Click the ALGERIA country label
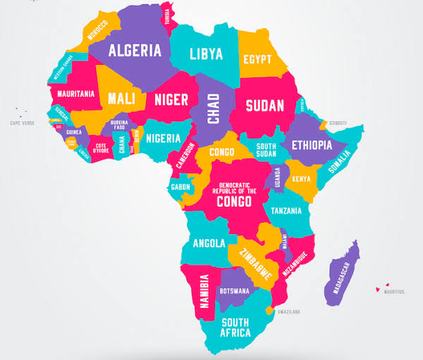tap(134, 51)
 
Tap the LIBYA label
tap(206, 53)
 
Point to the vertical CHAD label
tap(214, 108)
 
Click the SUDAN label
tap(264, 106)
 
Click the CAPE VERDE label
tap(23, 123)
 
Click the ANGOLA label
tap(209, 243)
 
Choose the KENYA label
tap(302, 179)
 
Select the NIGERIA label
tap(163, 139)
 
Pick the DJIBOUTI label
tap(337, 123)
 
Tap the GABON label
tap(180, 187)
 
